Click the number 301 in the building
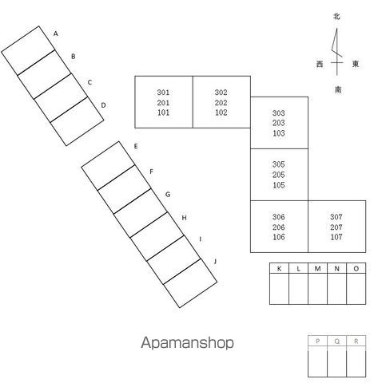coord(163,93)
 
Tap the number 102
coord(221,113)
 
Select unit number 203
coord(279,123)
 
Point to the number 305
coord(279,164)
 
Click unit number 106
coord(279,237)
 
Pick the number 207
coord(336,227)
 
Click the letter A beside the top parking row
coord(56,34)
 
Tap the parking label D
coord(103,105)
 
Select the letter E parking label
coord(136,146)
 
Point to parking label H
coord(184,218)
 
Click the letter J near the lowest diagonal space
coord(215,262)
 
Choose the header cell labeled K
coord(279,269)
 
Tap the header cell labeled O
coord(356,269)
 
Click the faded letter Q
coord(337,342)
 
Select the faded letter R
coord(356,341)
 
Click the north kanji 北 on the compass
coord(336,17)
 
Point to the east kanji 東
coord(356,64)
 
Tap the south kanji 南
coord(338,89)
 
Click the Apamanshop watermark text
coord(187,343)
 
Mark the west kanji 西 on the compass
coord(320,64)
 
